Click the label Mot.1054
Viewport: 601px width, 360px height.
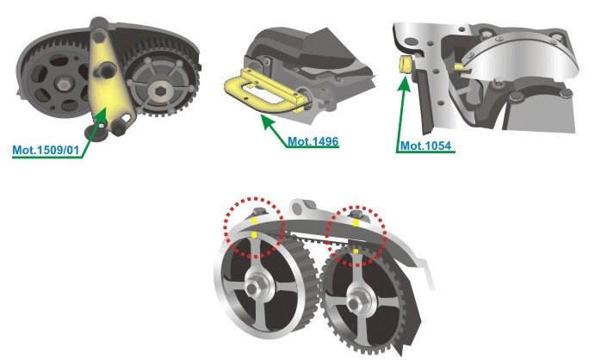pyautogui.click(x=427, y=146)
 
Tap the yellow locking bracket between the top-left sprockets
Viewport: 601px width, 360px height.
pyautogui.click(x=109, y=86)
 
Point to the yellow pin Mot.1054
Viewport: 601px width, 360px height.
pyautogui.click(x=402, y=64)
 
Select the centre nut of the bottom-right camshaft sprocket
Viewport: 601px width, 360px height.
pyautogui.click(x=354, y=304)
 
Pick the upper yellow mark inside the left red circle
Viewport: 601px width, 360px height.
pyautogui.click(x=255, y=220)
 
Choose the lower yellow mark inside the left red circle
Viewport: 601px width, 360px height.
pyautogui.click(x=255, y=233)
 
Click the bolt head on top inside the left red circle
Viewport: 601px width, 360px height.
pyautogui.click(x=256, y=211)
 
